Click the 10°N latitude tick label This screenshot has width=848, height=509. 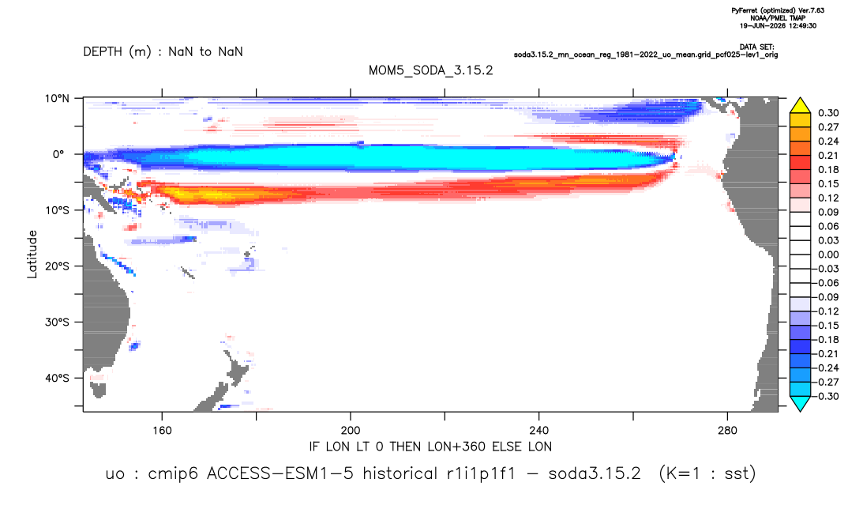pyautogui.click(x=57, y=98)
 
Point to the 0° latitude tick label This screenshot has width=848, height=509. pyautogui.click(x=58, y=154)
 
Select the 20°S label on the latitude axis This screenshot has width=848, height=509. pyautogui.click(x=57, y=266)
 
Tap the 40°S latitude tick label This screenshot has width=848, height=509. pyautogui.click(x=57, y=378)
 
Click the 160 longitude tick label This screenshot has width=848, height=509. pyautogui.click(x=162, y=431)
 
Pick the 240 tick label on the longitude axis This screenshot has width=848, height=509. pyautogui.click(x=539, y=431)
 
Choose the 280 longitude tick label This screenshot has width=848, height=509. pyautogui.click(x=727, y=431)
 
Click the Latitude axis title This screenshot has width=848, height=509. pyautogui.click(x=32, y=254)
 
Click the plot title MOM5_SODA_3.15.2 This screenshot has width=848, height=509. pyautogui.click(x=430, y=70)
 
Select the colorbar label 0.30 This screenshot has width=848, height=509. pyautogui.click(x=828, y=113)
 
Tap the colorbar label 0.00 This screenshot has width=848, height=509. pyautogui.click(x=828, y=254)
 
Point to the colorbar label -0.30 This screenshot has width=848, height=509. pyautogui.click(x=826, y=396)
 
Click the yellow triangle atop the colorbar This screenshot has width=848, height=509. pyautogui.click(x=800, y=106)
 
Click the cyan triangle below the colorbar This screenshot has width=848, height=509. pyautogui.click(x=800, y=403)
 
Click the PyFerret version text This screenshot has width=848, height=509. pyautogui.click(x=778, y=10)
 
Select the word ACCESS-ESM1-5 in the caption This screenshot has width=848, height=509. pyautogui.click(x=280, y=473)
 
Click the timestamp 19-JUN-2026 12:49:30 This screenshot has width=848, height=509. pyautogui.click(x=778, y=25)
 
